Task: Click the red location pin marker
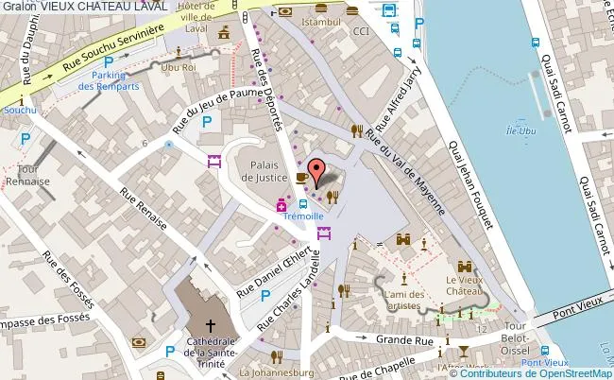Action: [316, 173]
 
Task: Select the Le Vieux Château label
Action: [464, 285]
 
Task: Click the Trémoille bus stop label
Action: [302, 216]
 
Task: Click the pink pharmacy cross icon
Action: [281, 206]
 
